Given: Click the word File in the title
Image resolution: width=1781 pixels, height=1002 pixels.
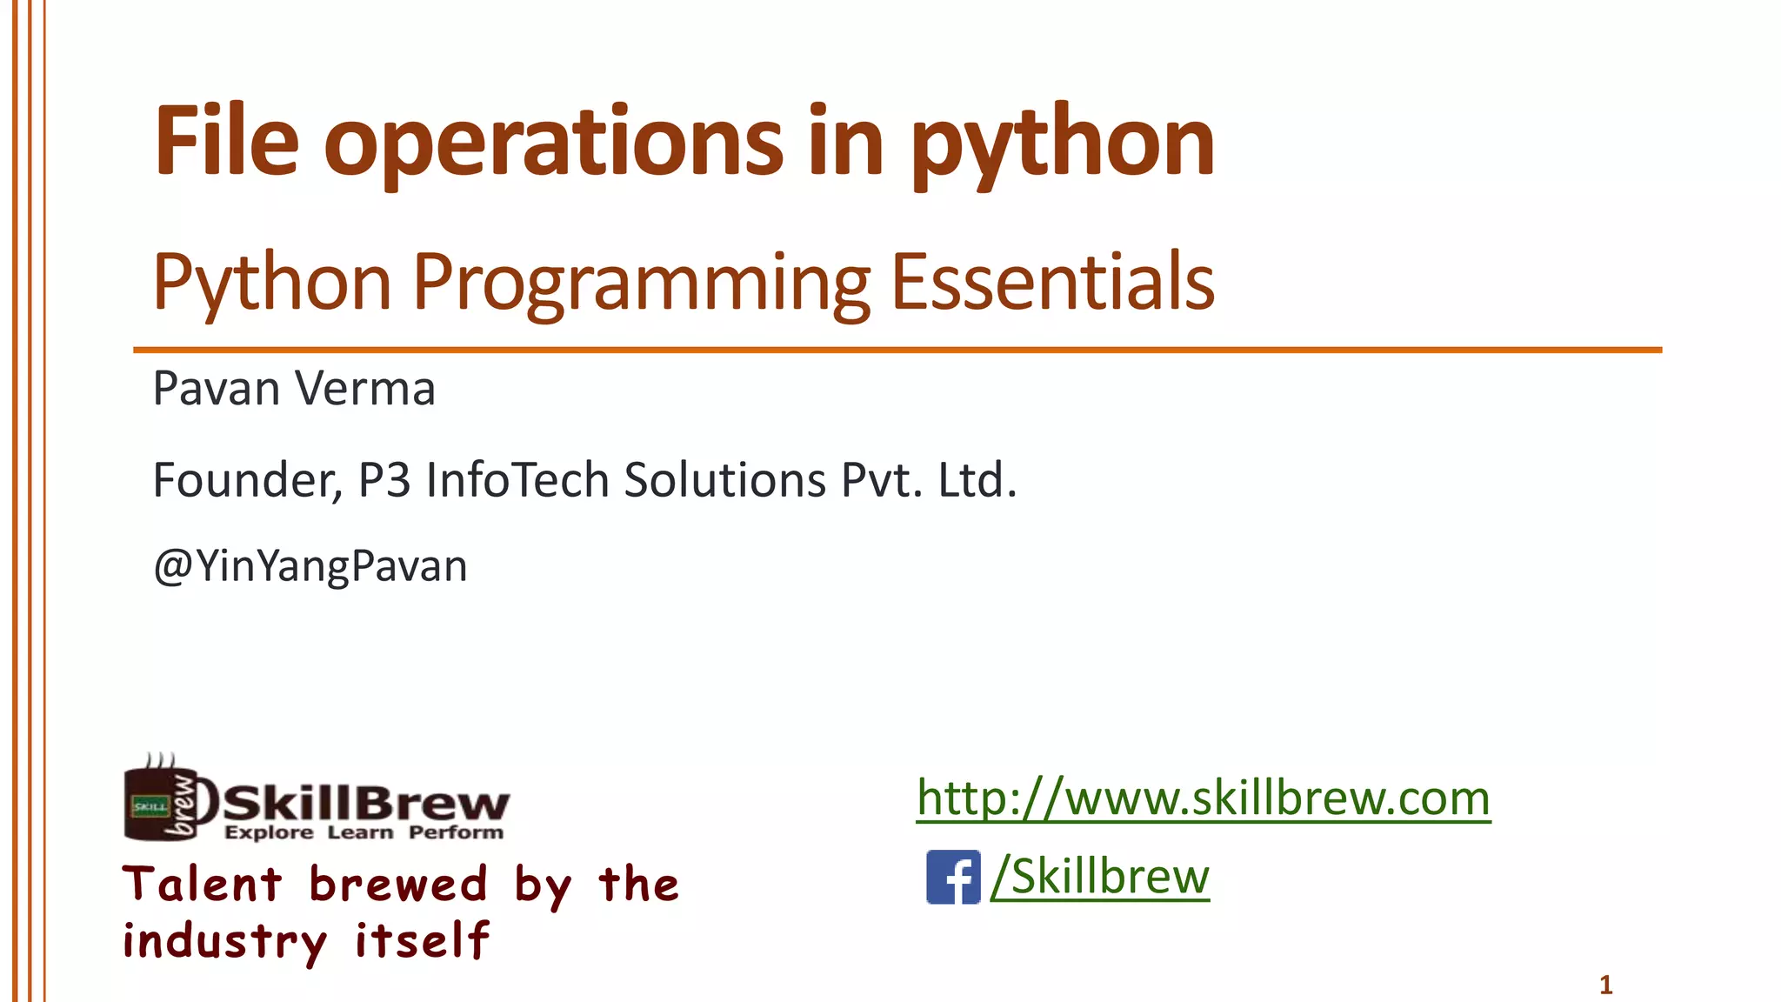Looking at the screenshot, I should pos(226,141).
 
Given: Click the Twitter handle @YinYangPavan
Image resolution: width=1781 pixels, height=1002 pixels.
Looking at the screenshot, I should pos(310,566).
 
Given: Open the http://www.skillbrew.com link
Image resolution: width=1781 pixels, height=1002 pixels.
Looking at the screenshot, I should pos(1204,798).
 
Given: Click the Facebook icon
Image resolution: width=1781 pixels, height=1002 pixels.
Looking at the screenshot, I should pos(953,877).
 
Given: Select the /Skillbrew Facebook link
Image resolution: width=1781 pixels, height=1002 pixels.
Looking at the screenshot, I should pos(1100,876).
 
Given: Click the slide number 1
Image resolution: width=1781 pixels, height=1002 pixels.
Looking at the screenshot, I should pos(1605,985).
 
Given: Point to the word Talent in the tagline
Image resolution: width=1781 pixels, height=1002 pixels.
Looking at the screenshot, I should pos(203,885).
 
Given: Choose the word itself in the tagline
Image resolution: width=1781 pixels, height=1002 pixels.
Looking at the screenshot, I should pos(423,941).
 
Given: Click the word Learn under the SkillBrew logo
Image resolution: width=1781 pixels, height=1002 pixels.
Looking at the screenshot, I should pos(360,833).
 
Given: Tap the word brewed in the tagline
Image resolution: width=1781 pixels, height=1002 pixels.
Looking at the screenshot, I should pos(398,885).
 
